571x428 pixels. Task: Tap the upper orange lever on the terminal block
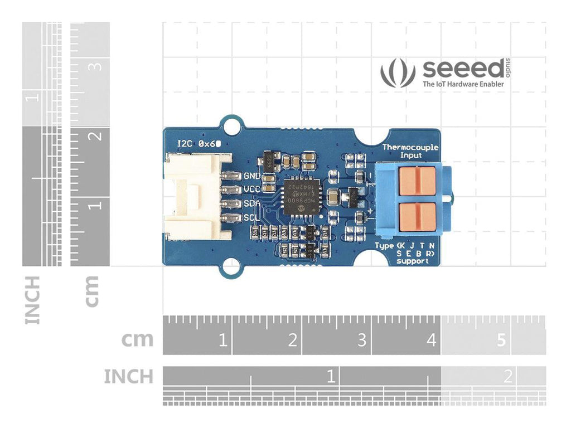[x=418, y=179]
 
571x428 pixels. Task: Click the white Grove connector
[x=192, y=198]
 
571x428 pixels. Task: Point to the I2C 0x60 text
[x=199, y=143]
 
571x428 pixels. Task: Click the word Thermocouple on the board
[x=410, y=147]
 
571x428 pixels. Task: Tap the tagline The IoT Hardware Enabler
[x=463, y=84]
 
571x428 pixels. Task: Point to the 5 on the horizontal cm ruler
[x=501, y=339]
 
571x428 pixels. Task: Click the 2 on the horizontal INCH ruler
[x=507, y=376]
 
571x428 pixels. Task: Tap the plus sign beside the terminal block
[x=370, y=211]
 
